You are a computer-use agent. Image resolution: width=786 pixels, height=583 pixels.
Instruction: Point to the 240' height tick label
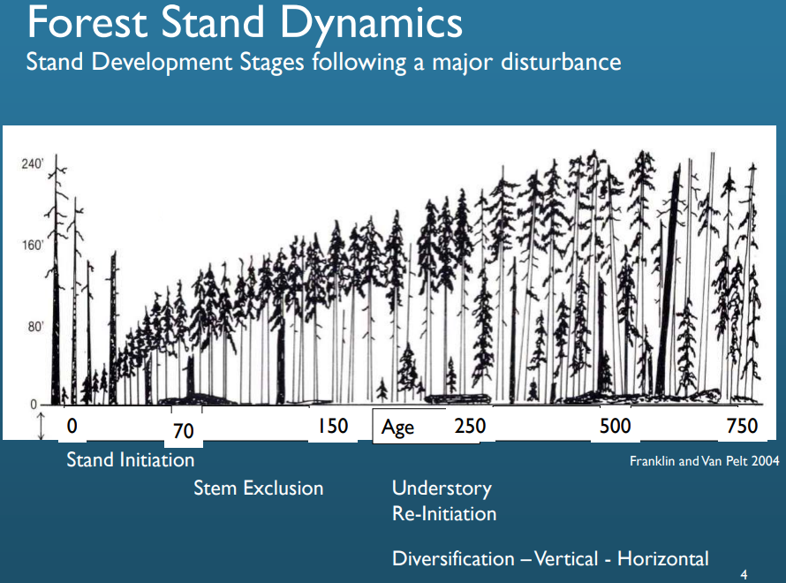pyautogui.click(x=31, y=164)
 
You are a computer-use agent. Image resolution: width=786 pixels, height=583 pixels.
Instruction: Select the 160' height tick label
pyautogui.click(x=31, y=246)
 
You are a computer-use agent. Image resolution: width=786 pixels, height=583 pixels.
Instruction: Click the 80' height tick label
pyautogui.click(x=34, y=327)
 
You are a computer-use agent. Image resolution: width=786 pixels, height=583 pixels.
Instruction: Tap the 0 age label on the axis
pyautogui.click(x=72, y=426)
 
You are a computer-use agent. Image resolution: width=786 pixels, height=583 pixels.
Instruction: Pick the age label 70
pyautogui.click(x=183, y=431)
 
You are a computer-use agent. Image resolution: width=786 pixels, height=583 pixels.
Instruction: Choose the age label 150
pyautogui.click(x=333, y=426)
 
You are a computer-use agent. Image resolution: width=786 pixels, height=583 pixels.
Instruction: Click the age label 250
pyautogui.click(x=470, y=426)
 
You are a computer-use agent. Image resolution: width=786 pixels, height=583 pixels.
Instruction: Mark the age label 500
pyautogui.click(x=616, y=426)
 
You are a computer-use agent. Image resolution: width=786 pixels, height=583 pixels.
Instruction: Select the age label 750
pyautogui.click(x=742, y=426)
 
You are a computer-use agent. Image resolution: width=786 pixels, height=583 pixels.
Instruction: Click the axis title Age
pyautogui.click(x=397, y=428)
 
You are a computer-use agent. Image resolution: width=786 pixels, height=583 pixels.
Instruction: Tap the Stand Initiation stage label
pyautogui.click(x=131, y=460)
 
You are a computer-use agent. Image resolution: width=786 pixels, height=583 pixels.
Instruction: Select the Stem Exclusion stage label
pyautogui.click(x=259, y=488)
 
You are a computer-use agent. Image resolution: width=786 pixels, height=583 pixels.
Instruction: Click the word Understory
pyautogui.click(x=442, y=488)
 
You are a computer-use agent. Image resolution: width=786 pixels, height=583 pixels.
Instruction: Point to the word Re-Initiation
pyautogui.click(x=444, y=513)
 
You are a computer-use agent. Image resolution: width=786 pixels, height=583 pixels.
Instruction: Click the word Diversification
pyautogui.click(x=453, y=559)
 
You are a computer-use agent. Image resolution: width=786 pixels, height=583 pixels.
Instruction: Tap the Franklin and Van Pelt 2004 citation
pyautogui.click(x=704, y=460)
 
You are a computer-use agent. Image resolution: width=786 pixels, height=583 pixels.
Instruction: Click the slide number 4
pyautogui.click(x=744, y=574)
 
